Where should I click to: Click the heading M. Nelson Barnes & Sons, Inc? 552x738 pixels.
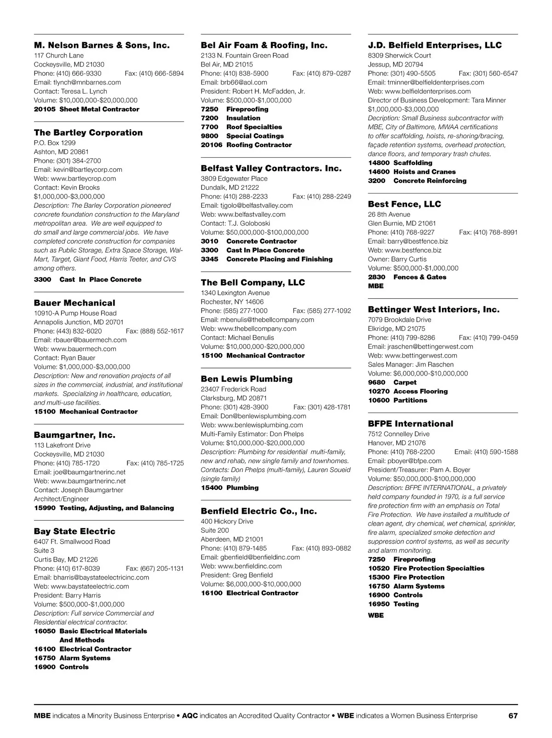click(102, 45)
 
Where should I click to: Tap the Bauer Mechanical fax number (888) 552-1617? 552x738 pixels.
click(155, 331)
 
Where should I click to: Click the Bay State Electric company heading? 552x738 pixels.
click(75, 531)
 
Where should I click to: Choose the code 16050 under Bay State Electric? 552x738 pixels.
click(45, 631)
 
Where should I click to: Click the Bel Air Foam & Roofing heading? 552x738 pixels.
click(264, 45)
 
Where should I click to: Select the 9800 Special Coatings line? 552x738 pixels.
click(242, 136)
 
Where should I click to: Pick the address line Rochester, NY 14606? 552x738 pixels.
click(232, 302)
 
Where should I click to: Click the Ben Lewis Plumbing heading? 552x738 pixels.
click(247, 379)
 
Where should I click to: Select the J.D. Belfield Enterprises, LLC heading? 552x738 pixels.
click(435, 45)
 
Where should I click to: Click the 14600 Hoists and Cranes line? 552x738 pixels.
click(412, 172)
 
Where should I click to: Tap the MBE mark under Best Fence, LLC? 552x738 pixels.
click(375, 286)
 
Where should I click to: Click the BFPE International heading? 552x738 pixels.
click(410, 424)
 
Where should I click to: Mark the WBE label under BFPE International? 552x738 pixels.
click(375, 615)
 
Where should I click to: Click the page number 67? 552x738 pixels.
click(513, 715)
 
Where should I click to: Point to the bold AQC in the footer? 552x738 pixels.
click(190, 715)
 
